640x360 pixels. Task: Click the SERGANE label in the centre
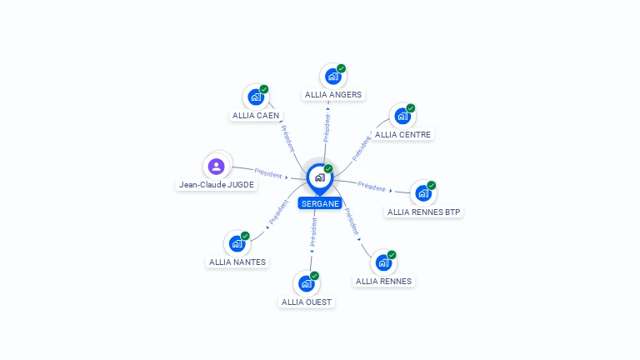coord(320,203)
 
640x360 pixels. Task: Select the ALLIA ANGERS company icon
coord(333,77)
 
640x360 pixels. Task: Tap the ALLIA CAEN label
coord(256,116)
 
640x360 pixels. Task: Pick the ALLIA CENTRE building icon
coord(403,116)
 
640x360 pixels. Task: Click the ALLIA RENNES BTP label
coord(423,212)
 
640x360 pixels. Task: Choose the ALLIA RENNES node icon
coord(383,263)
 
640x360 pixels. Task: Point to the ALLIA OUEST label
coord(307,302)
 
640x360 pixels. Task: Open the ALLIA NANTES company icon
coord(237,244)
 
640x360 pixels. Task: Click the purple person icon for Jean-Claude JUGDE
coord(217,166)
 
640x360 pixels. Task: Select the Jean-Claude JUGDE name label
coord(217,185)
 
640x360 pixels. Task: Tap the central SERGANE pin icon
coord(319,177)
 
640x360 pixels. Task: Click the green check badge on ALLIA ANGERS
coord(342,68)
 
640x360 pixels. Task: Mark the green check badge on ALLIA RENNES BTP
coord(432,185)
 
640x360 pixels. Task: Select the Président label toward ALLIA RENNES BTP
coord(372,187)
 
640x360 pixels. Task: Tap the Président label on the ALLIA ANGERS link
coord(327,128)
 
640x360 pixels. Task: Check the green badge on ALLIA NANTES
coord(245,236)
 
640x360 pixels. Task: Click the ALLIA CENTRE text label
coord(404,134)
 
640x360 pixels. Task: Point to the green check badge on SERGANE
coord(328,168)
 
